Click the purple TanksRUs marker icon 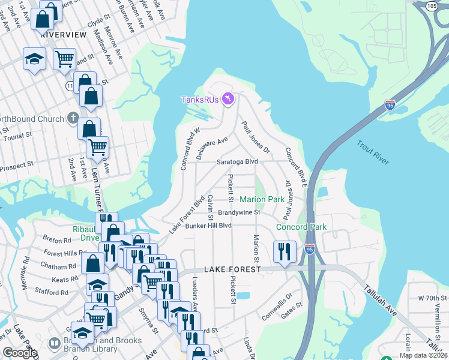228,98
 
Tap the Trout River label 373,152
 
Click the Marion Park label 262,199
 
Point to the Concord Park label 301,227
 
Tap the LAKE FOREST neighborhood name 232,270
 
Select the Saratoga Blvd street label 237,162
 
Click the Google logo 19,353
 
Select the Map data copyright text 423,356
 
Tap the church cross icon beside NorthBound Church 73,117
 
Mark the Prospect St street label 17,165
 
